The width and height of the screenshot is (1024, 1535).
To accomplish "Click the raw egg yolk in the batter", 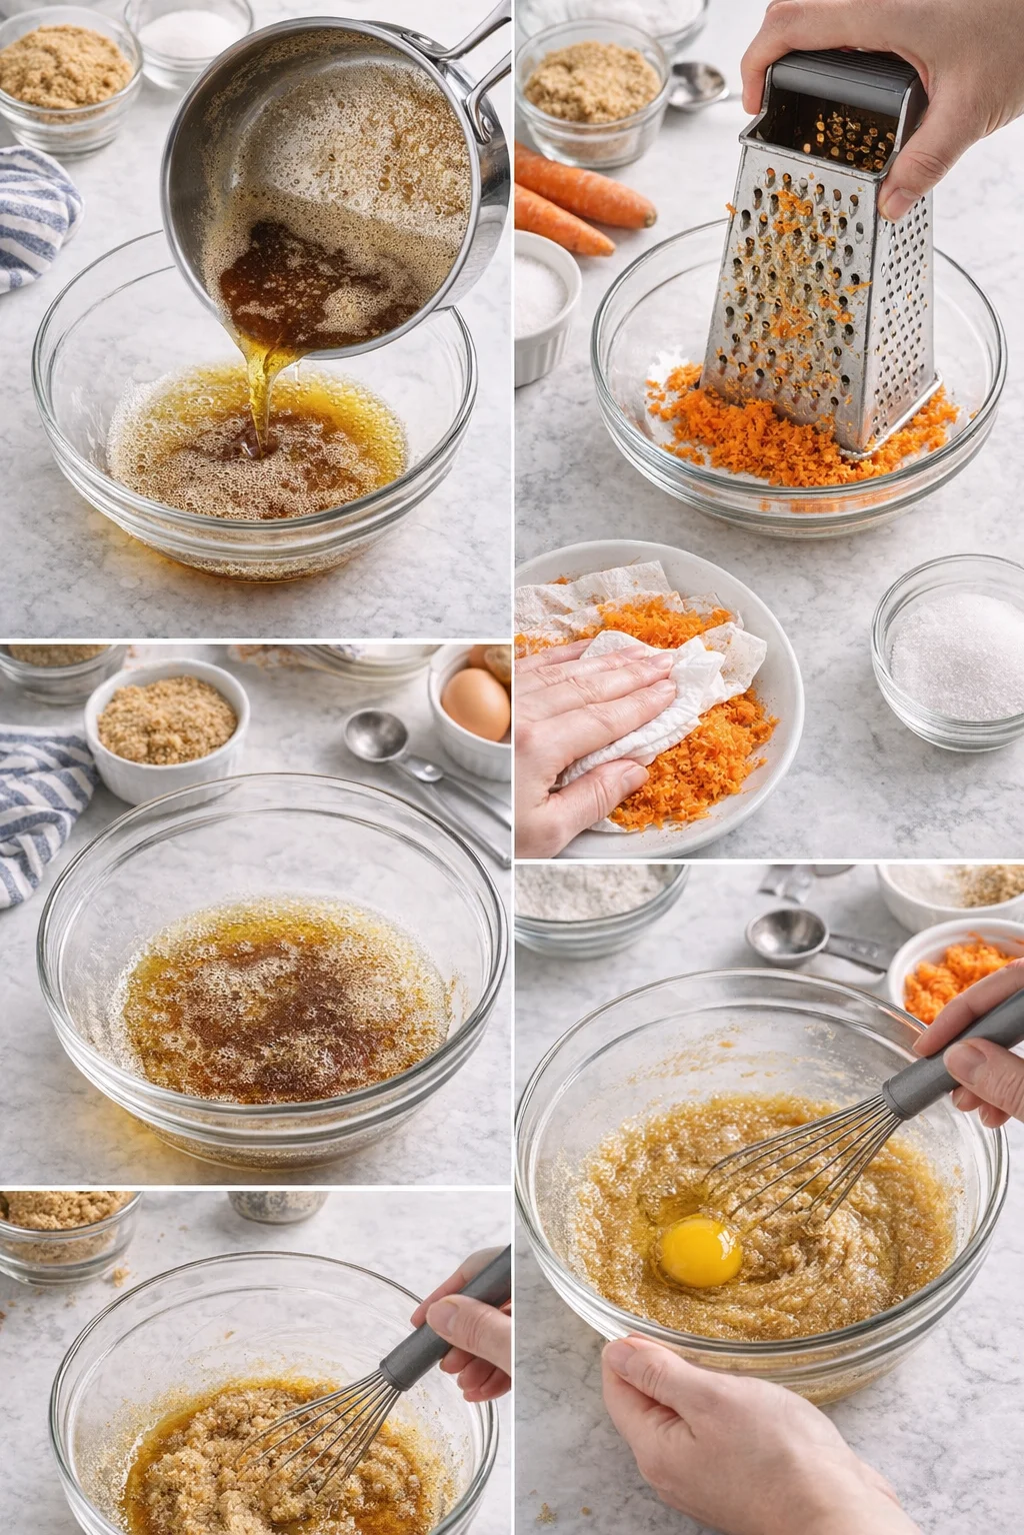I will (700, 1251).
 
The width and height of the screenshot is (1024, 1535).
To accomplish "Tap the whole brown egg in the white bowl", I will (475, 704).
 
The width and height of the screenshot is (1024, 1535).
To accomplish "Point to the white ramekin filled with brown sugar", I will (166, 725).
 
